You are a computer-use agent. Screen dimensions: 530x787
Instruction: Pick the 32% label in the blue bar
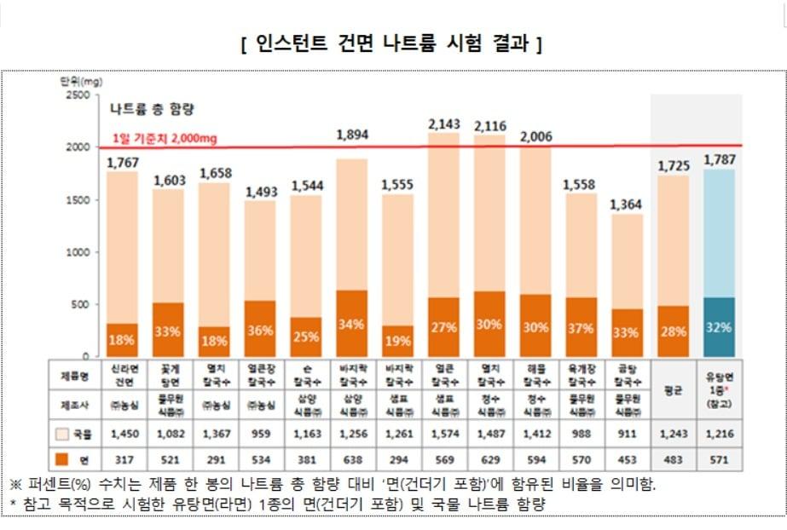(x=719, y=327)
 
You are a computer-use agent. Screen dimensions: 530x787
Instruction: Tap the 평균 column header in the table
(x=674, y=389)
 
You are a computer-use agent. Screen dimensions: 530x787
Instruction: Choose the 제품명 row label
(x=73, y=374)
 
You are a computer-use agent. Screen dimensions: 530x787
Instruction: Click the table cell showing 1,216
(x=719, y=435)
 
